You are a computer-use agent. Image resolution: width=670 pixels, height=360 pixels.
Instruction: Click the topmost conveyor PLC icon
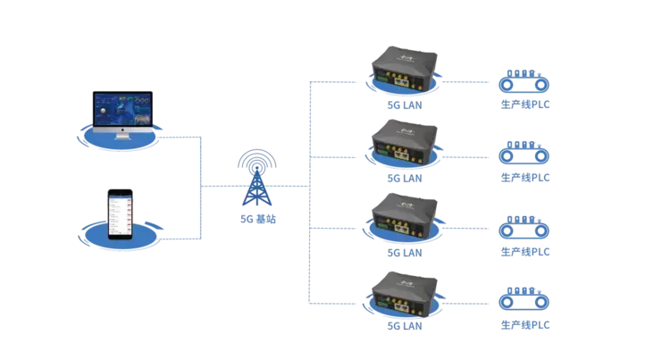click(524, 82)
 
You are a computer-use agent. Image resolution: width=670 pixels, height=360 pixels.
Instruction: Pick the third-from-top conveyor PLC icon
click(524, 229)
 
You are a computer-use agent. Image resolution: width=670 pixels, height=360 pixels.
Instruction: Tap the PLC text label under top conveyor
click(525, 105)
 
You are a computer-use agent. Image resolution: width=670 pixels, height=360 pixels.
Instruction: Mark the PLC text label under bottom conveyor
click(525, 326)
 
